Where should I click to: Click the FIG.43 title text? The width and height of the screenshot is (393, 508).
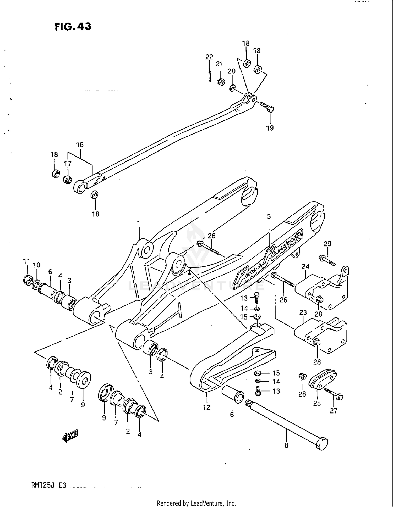point(73,26)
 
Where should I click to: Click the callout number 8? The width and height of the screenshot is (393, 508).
point(286,445)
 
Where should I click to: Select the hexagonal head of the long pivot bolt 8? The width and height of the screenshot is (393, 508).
point(322,443)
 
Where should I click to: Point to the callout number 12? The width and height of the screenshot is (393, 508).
point(206,407)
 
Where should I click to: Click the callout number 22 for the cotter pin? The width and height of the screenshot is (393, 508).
point(209,57)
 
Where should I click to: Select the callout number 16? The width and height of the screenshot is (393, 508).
point(80,144)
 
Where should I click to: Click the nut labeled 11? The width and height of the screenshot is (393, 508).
point(27,280)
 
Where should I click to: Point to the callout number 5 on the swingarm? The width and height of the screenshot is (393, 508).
point(269,216)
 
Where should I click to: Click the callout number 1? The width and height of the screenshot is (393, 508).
point(139,223)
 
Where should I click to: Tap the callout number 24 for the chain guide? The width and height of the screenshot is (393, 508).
point(305,267)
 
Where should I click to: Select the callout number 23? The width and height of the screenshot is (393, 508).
point(303,312)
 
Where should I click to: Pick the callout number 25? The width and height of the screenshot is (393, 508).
point(317,403)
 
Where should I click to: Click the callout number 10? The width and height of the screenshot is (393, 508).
point(37,265)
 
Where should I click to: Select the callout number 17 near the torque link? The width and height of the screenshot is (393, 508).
point(68,164)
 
